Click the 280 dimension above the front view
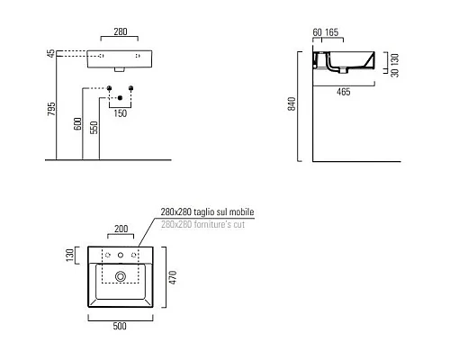point(121,31)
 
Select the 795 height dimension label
point(51,109)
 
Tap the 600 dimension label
point(77,123)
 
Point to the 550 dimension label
point(94,127)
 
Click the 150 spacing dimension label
point(121,113)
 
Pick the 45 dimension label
point(51,53)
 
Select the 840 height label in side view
point(292,103)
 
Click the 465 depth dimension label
point(344,92)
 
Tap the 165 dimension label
point(332,32)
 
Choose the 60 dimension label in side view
point(317,32)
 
